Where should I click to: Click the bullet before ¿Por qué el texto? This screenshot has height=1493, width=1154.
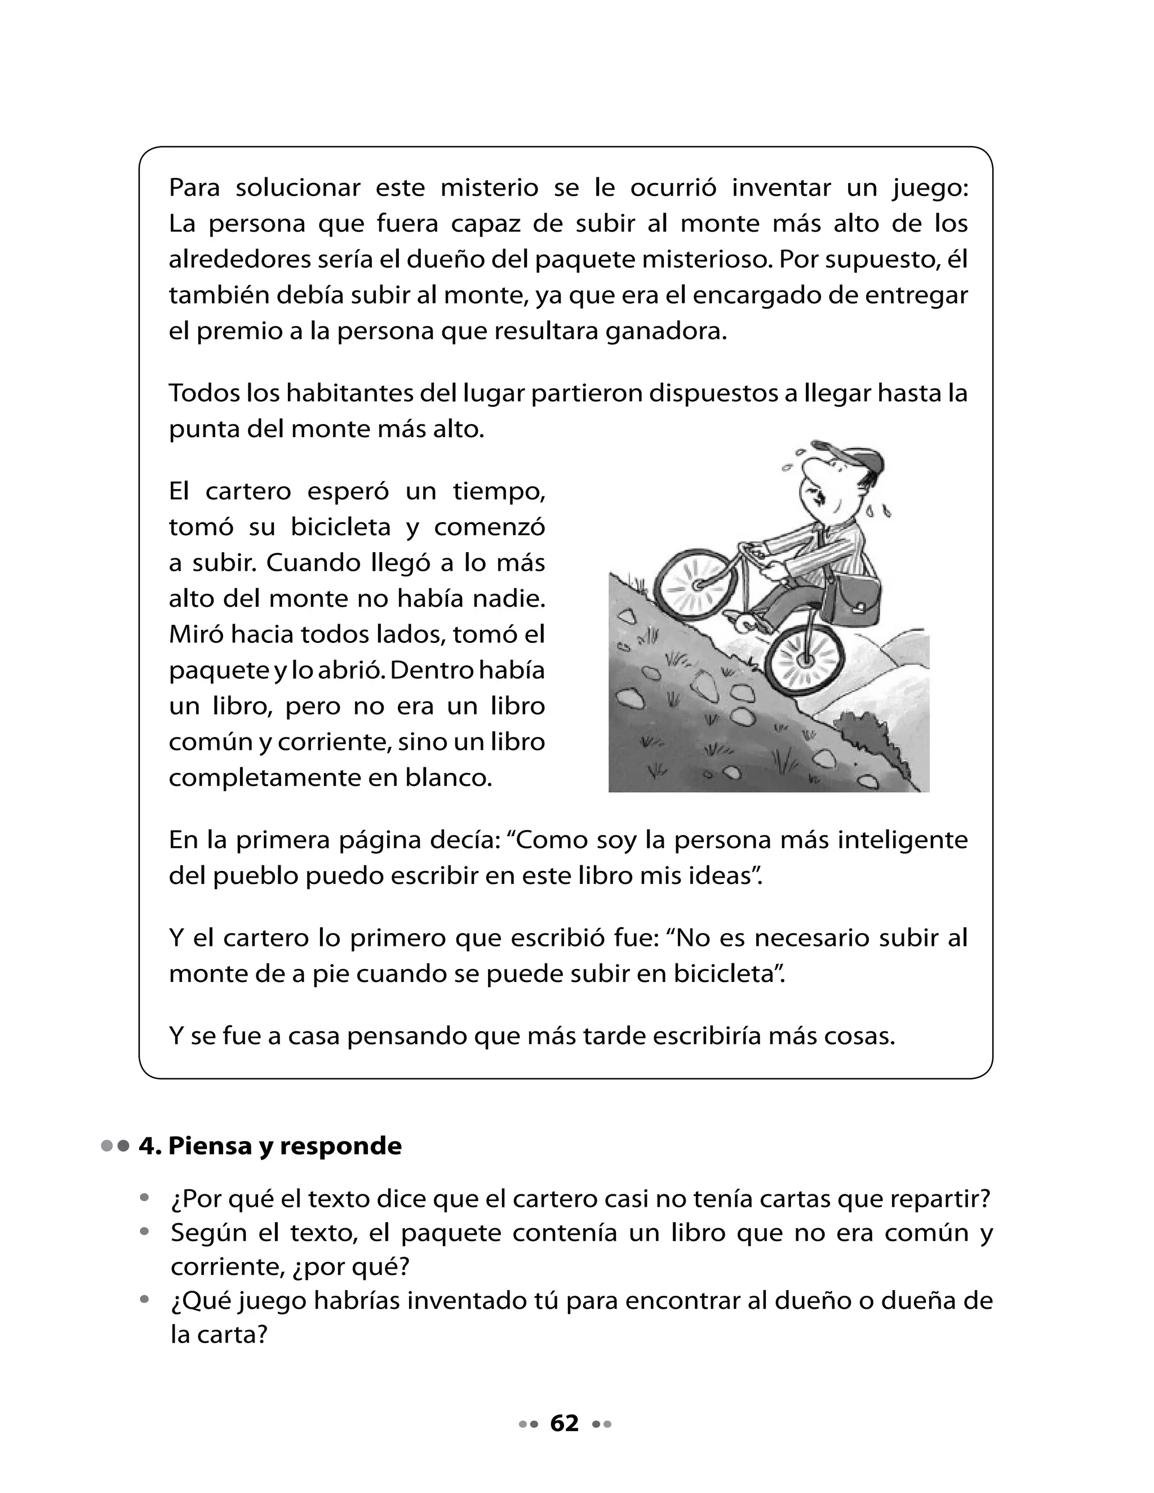click(x=144, y=1198)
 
